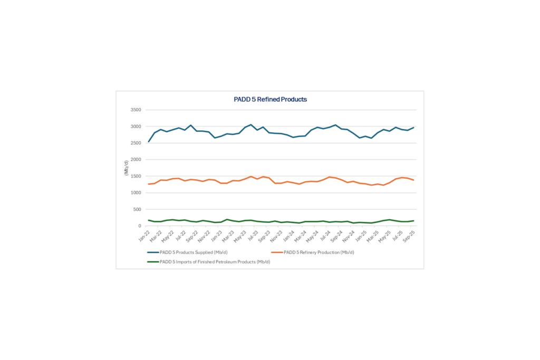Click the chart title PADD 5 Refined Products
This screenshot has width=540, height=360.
[x=270, y=99]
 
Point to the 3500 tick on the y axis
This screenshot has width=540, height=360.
[x=136, y=110]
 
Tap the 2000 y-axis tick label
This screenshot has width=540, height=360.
[x=136, y=160]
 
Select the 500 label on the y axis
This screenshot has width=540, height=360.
[x=137, y=209]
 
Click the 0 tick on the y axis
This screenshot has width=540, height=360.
[x=140, y=226]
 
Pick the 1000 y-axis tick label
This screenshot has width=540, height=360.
[x=136, y=193]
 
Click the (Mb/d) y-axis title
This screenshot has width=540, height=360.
[x=126, y=168]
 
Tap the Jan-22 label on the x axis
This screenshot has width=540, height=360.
[x=143, y=235]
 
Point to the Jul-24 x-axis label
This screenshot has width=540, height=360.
[x=325, y=235]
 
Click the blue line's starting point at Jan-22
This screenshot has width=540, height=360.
[x=149, y=141]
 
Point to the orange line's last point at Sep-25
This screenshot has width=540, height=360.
[x=414, y=180]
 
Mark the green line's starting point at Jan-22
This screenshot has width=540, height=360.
[x=149, y=220]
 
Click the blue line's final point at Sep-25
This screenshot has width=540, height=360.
[x=414, y=128]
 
